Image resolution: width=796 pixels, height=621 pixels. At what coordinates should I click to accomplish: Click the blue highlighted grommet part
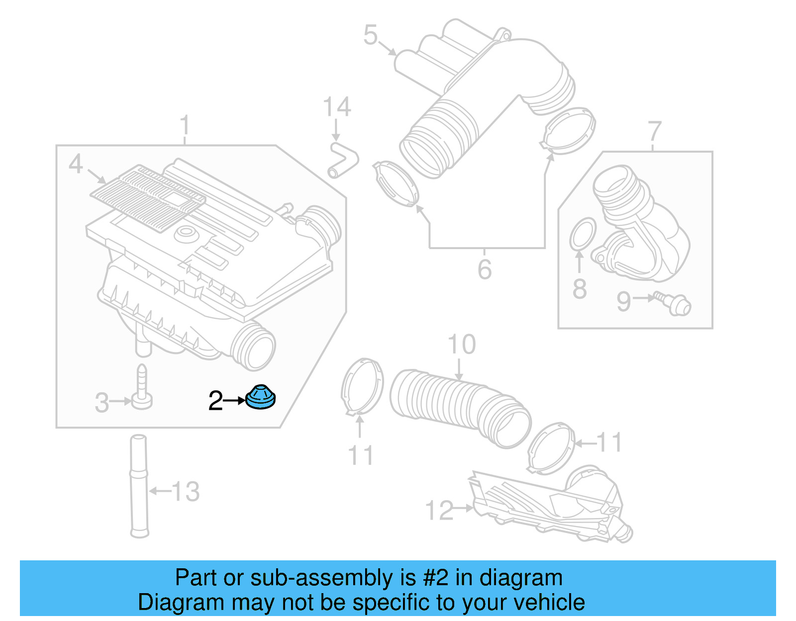(x=260, y=398)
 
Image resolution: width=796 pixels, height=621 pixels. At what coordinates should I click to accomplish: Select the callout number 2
(x=215, y=401)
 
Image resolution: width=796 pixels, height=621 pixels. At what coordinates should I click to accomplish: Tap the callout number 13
(x=186, y=492)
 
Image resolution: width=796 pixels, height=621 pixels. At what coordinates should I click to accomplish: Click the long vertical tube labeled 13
(x=139, y=487)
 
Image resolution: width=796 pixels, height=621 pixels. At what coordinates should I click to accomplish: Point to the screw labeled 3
(x=142, y=388)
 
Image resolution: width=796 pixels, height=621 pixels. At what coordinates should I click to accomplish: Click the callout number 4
(x=76, y=164)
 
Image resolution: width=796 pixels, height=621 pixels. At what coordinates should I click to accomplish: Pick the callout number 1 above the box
(x=185, y=125)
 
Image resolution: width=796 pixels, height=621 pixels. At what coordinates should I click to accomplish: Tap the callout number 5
(x=371, y=35)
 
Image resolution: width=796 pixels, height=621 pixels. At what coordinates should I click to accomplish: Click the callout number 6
(x=484, y=269)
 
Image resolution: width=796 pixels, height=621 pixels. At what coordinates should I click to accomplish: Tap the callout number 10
(x=462, y=345)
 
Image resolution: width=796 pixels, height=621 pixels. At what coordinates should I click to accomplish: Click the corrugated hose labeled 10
(x=458, y=405)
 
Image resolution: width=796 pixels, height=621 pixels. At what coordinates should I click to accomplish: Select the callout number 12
(x=439, y=511)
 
